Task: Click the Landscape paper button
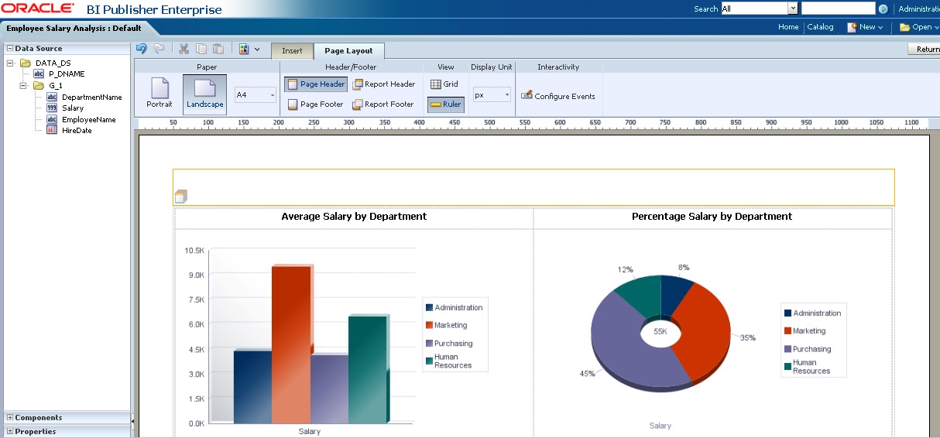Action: pyautogui.click(x=204, y=94)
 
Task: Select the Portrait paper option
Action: pyautogui.click(x=160, y=94)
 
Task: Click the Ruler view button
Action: pyautogui.click(x=445, y=104)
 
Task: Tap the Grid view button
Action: pyautogui.click(x=444, y=84)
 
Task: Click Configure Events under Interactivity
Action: pyautogui.click(x=558, y=97)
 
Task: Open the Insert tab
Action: pyautogui.click(x=292, y=51)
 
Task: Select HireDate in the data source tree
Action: pyautogui.click(x=77, y=131)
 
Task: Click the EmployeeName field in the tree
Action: pyautogui.click(x=88, y=120)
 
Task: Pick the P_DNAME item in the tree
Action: pyautogui.click(x=67, y=74)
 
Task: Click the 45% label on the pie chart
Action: pyautogui.click(x=587, y=374)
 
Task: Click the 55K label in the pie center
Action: pyautogui.click(x=660, y=331)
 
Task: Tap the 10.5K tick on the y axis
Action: pyautogui.click(x=194, y=251)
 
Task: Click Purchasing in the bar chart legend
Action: pyautogui.click(x=453, y=344)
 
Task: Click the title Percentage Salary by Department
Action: pyautogui.click(x=712, y=217)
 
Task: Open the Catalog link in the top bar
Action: pyautogui.click(x=820, y=27)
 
